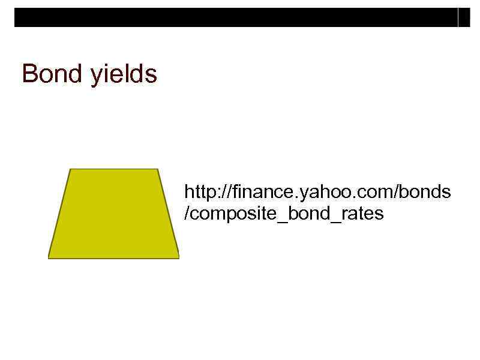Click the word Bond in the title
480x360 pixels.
[52, 74]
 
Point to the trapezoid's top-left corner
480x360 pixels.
[71, 169]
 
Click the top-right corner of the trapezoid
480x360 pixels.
[158, 169]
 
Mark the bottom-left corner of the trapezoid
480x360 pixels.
[49, 258]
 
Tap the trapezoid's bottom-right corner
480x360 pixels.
[179, 258]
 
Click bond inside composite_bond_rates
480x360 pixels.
[308, 214]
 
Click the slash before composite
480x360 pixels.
[187, 214]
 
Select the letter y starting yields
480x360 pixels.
[96, 77]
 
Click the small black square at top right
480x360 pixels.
[464, 18]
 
